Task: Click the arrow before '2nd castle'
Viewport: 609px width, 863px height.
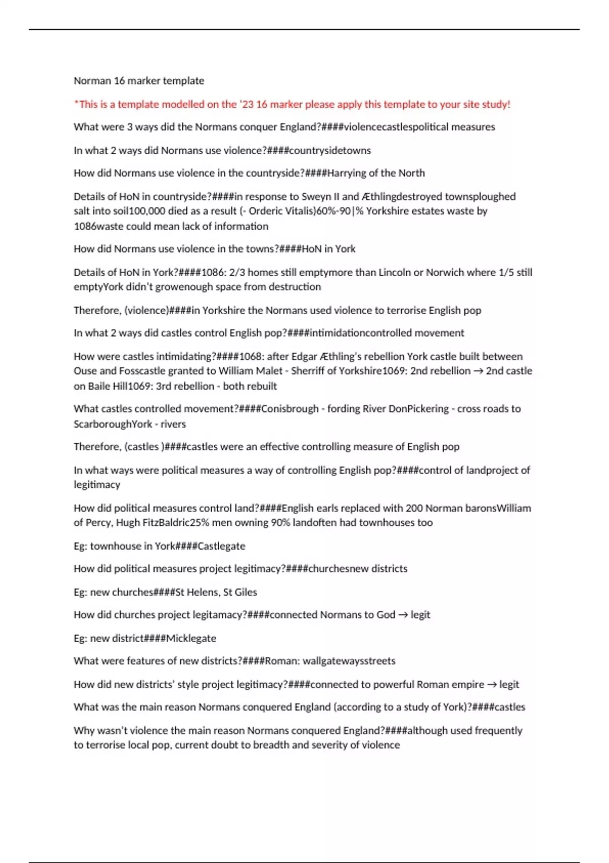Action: point(478,371)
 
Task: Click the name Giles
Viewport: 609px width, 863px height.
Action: point(246,592)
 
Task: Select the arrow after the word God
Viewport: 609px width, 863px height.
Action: point(403,615)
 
